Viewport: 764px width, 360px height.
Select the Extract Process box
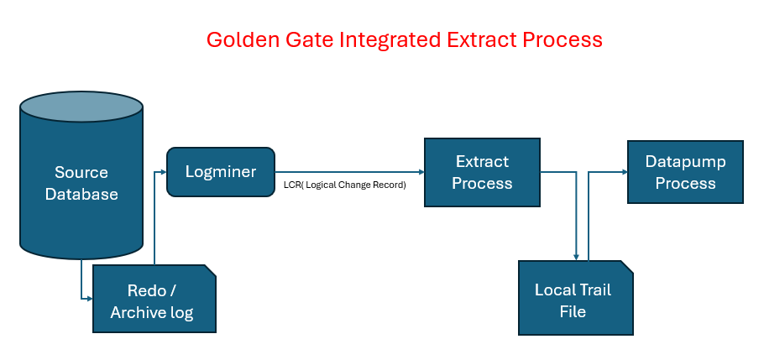click(482, 172)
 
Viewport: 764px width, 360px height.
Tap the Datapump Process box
click(685, 171)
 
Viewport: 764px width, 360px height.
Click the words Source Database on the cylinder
click(81, 183)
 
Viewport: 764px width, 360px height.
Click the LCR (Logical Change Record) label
click(344, 185)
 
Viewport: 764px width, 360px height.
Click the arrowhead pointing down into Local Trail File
click(576, 256)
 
